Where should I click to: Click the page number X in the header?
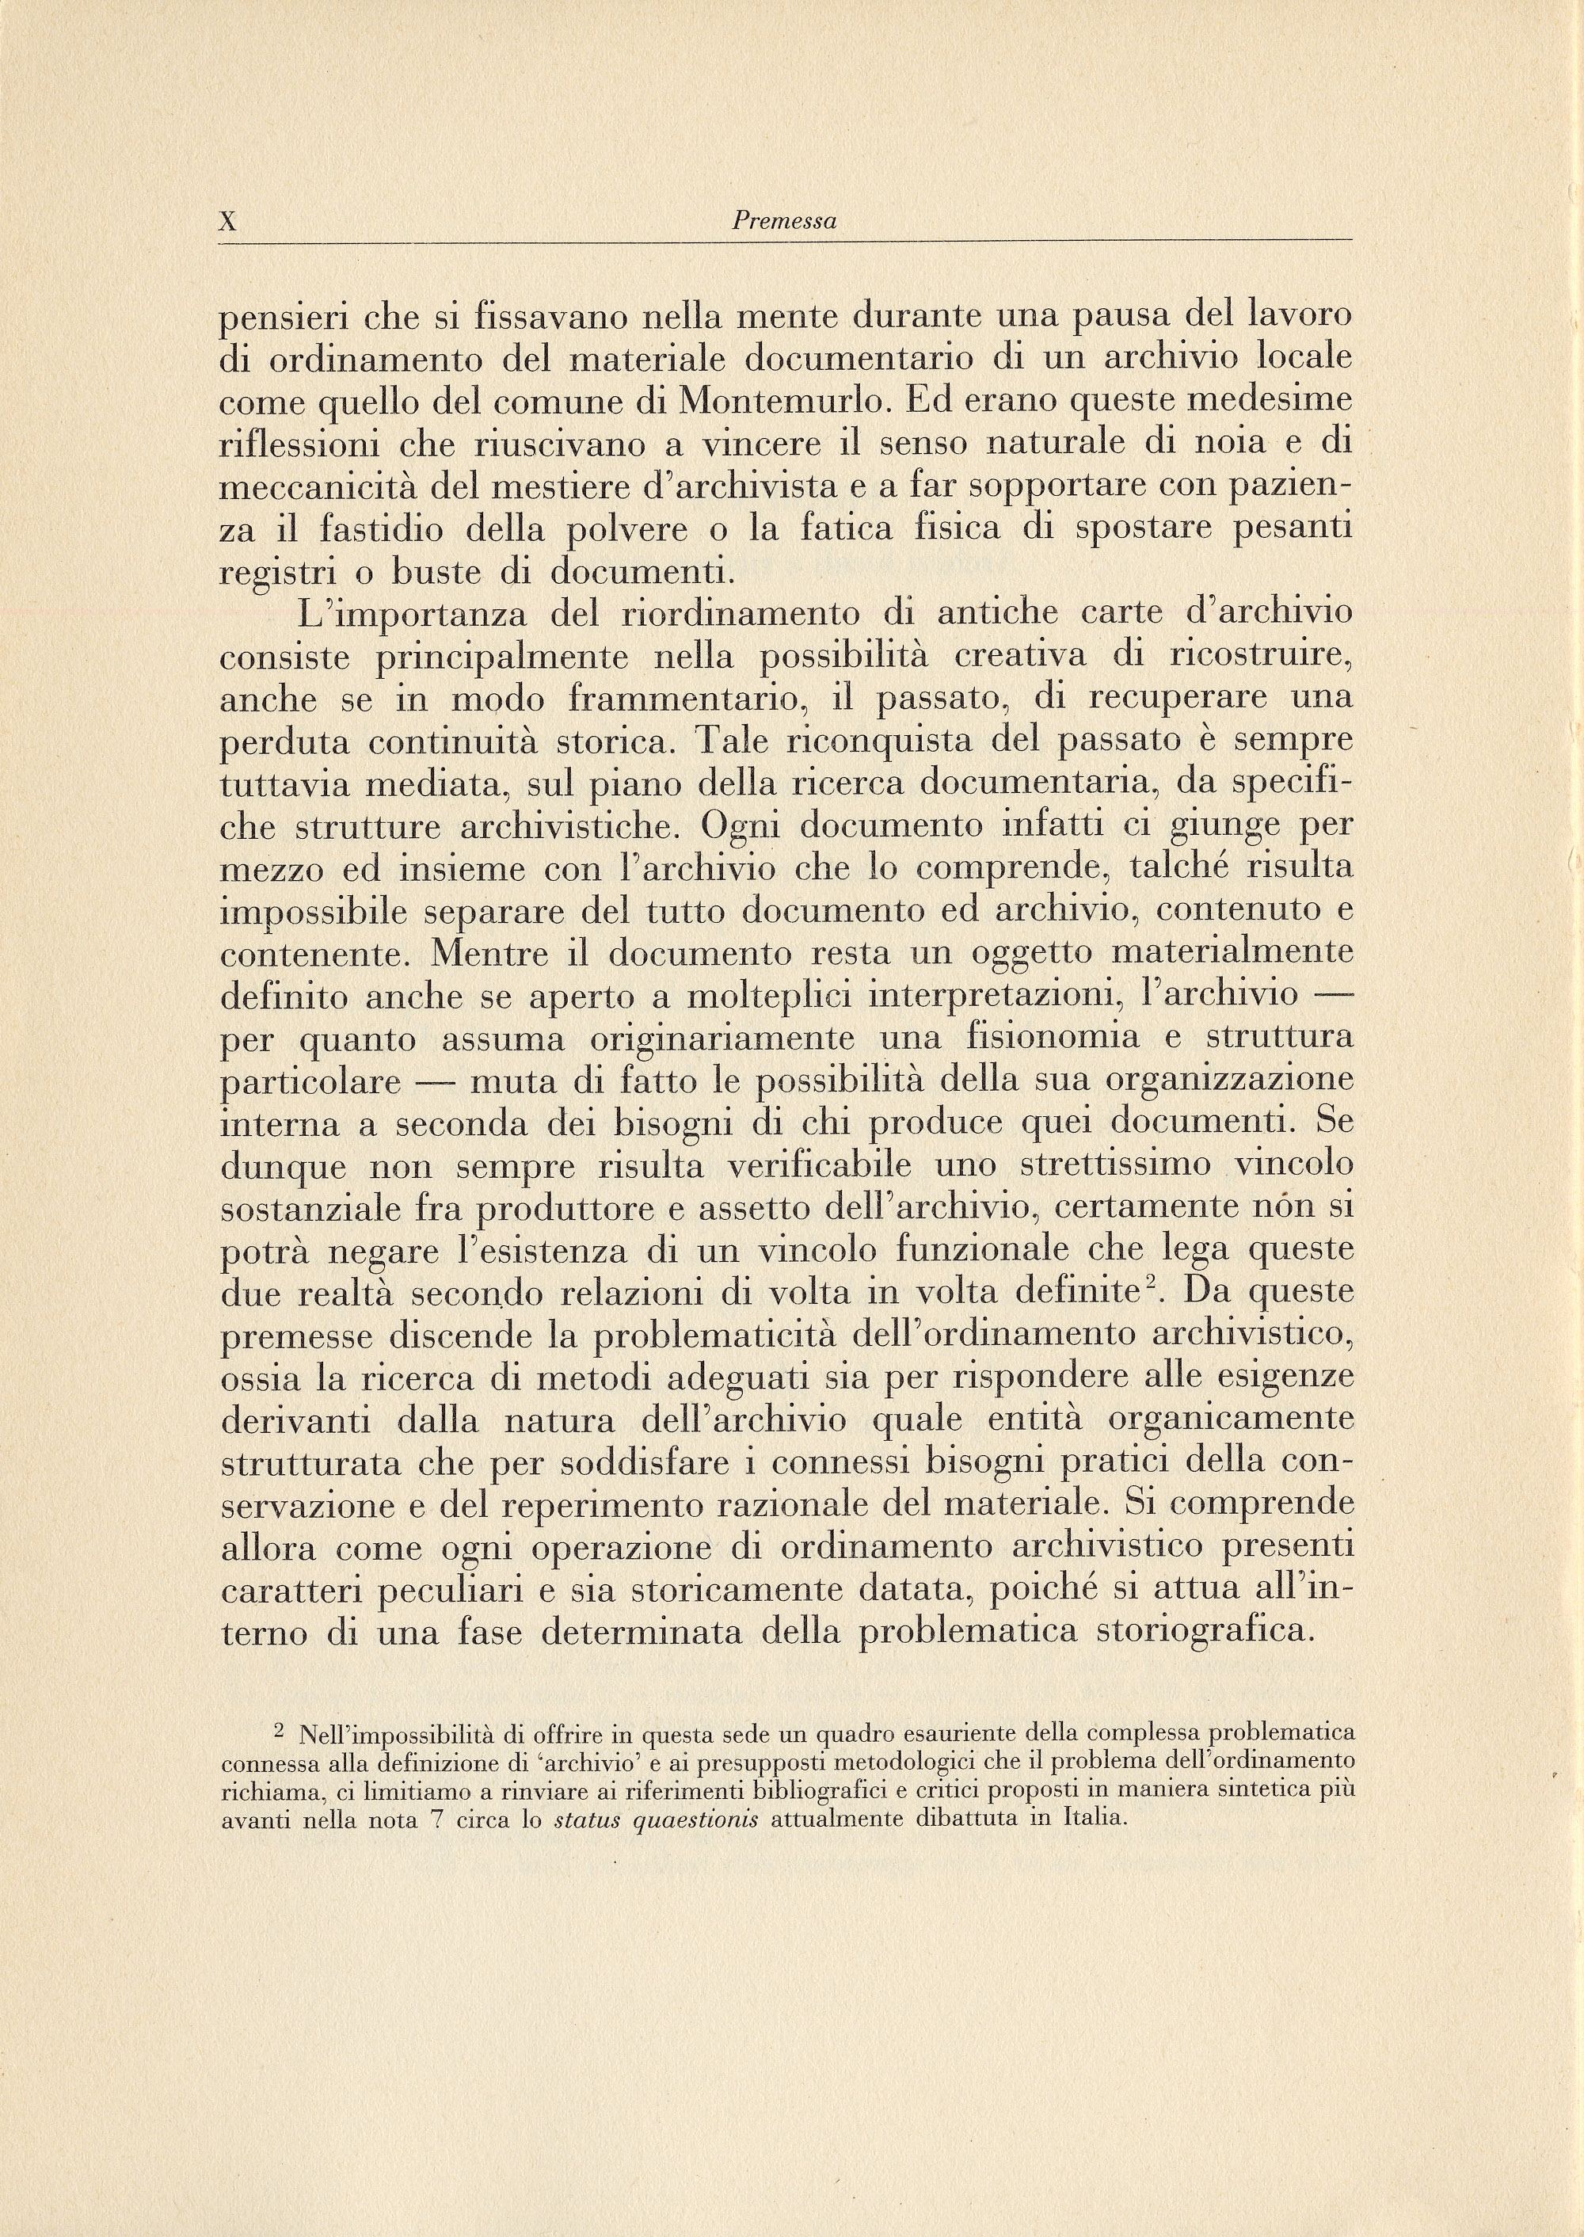coord(227,222)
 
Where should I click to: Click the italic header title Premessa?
coord(784,222)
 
